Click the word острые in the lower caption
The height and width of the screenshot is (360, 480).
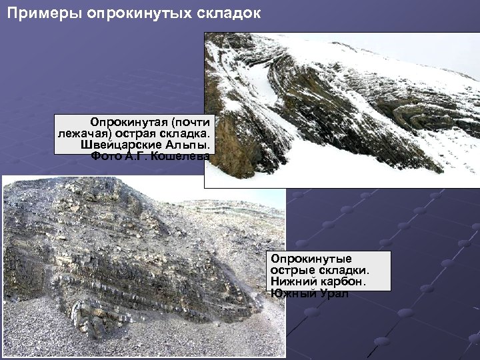[291, 270]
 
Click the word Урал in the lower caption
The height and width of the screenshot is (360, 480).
[333, 293]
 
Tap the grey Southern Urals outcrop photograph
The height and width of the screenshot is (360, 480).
[133, 267]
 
